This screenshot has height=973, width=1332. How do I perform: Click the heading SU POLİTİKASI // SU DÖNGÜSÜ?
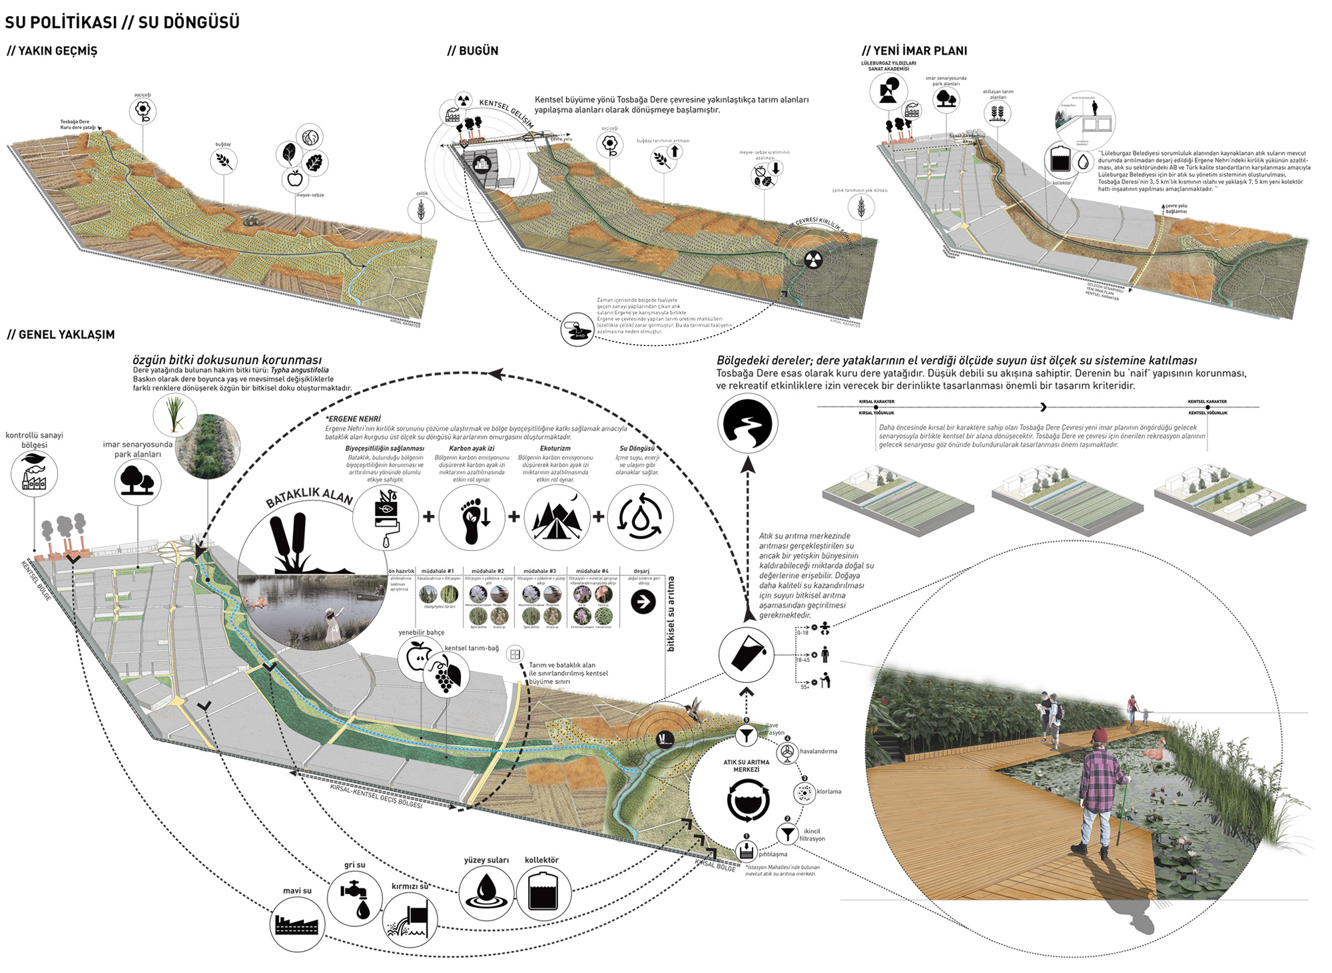(x=122, y=22)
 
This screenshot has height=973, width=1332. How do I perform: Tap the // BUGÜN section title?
(x=473, y=51)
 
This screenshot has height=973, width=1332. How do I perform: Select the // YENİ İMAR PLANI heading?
(x=914, y=51)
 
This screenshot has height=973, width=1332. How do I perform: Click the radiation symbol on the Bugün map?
(x=813, y=260)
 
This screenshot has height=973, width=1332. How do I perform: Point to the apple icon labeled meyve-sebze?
(x=294, y=178)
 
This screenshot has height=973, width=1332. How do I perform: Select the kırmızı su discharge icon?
(x=410, y=920)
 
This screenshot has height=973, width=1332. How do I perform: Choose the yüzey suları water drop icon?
(x=487, y=892)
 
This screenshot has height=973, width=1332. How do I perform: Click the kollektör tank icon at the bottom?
(x=543, y=892)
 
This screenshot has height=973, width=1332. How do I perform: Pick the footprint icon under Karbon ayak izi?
(x=472, y=517)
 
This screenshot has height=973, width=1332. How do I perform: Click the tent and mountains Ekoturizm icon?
(x=557, y=517)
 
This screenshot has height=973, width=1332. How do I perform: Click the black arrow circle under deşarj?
(x=643, y=602)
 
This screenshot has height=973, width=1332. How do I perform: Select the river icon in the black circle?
(x=747, y=423)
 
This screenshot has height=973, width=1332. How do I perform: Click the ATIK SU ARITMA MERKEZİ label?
(x=746, y=765)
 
